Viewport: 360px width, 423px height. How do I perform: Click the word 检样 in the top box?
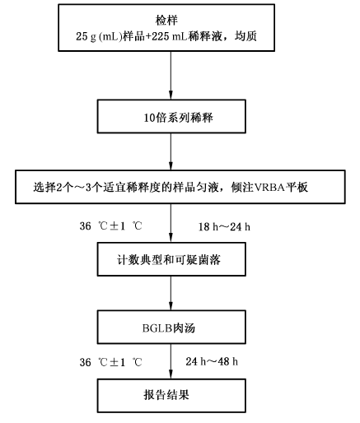tap(166, 21)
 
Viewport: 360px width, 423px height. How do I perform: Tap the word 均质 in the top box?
tap(245, 36)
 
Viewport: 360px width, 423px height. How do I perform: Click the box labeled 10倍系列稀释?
tap(171, 116)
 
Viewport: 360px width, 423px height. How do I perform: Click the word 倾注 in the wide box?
tap(242, 188)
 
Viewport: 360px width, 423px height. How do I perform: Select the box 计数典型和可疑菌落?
tap(171, 259)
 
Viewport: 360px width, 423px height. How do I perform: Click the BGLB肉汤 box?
tap(171, 327)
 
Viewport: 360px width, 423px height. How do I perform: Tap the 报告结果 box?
tap(171, 396)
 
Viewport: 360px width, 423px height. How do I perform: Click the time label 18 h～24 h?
tap(224, 227)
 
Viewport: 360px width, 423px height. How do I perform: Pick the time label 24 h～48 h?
tap(212, 361)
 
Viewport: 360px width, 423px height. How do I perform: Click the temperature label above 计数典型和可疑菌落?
tap(110, 226)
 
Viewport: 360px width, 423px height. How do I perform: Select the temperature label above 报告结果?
tap(110, 362)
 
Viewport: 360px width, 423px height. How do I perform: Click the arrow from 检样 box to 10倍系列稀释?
tap(171, 75)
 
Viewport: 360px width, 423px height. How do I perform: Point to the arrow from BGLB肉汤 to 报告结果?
tap(171, 361)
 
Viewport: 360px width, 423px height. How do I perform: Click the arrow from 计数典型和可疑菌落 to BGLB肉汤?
tap(171, 293)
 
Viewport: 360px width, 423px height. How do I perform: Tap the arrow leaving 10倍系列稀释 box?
tap(171, 151)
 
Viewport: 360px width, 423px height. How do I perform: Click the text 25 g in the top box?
tap(86, 36)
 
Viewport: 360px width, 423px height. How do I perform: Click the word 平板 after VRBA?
tap(297, 188)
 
